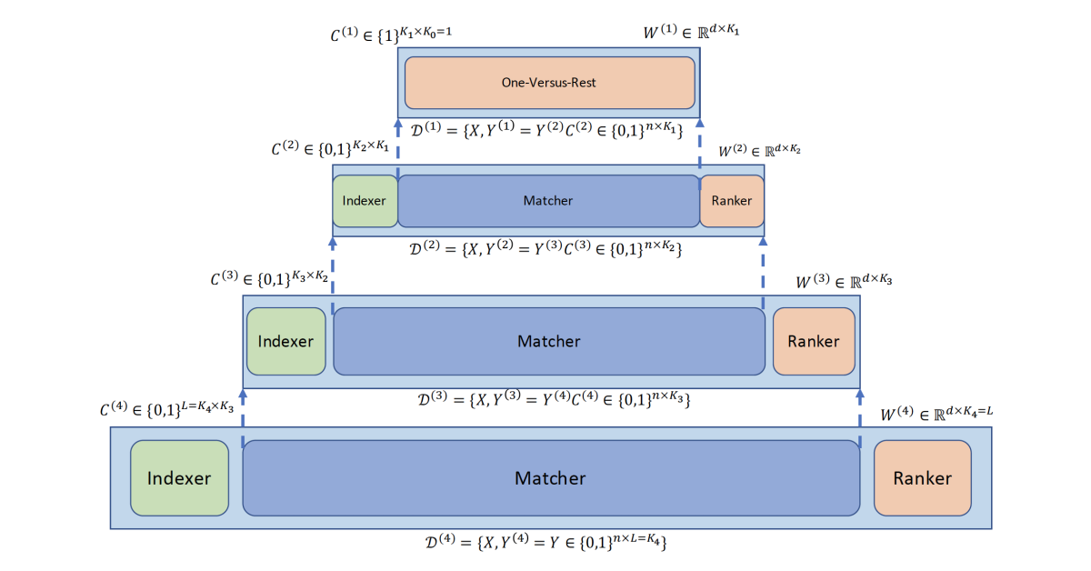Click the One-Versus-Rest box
click(549, 83)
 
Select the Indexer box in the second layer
click(365, 201)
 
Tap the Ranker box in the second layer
click(732, 201)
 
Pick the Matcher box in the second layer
click(548, 201)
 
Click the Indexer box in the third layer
click(285, 342)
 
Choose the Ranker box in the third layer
click(814, 342)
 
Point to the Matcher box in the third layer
click(548, 342)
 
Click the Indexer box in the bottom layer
click(179, 478)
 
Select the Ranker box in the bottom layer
click(922, 478)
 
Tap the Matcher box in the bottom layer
click(550, 478)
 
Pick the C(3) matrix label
click(269, 279)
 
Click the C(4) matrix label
click(170, 410)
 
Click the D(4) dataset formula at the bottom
click(548, 543)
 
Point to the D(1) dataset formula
click(547, 130)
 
